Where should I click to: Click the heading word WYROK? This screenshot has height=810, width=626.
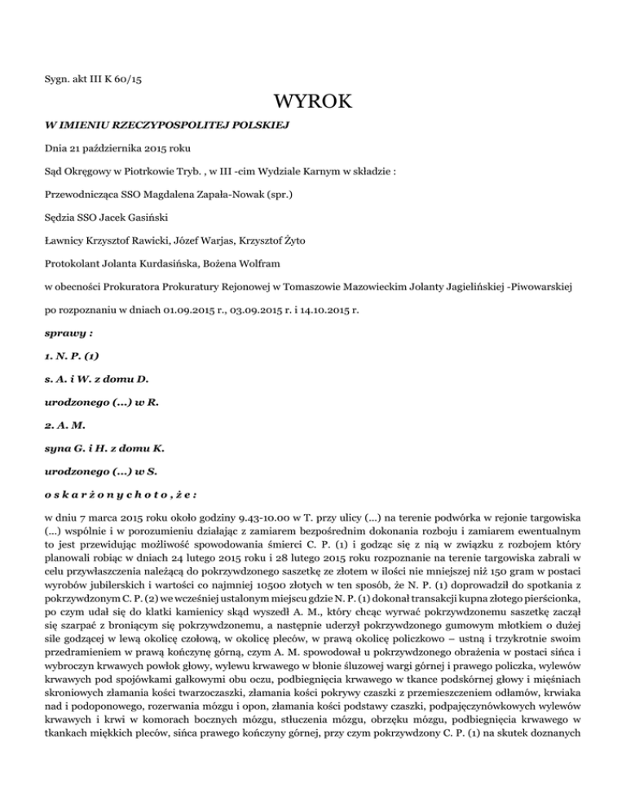point(313,103)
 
